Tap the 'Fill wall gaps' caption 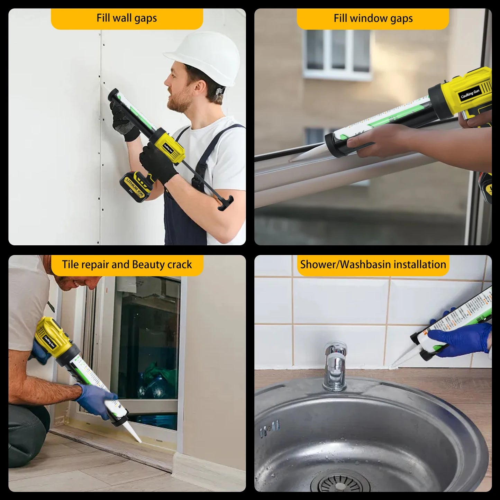[127, 18]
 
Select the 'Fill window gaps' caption [373, 18]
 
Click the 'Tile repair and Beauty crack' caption [127, 265]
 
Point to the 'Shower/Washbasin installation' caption [373, 265]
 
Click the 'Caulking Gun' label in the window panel [470, 94]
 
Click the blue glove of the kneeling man [95, 400]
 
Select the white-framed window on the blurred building [337, 54]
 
